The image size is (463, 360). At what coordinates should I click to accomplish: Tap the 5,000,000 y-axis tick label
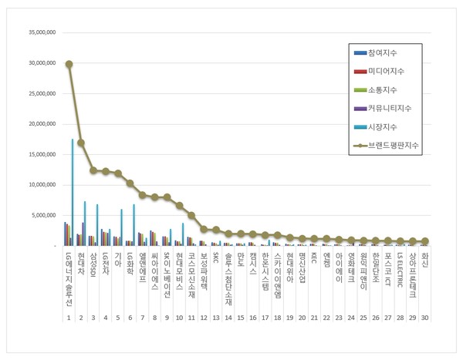coord(40,216)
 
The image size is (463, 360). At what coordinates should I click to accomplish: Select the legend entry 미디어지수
coord(387,71)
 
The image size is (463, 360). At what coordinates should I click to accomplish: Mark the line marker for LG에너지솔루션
coord(69,65)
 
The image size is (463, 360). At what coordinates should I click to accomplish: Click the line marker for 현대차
coord(81,143)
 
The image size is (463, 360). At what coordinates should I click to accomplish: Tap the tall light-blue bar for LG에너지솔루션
coord(73,192)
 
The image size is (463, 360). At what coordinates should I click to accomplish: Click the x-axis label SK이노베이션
coord(167,272)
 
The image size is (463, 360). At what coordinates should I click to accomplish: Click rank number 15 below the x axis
coord(241,317)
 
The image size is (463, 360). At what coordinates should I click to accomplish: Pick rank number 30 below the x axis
coord(424,317)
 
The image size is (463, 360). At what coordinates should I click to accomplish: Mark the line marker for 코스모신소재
coord(191,215)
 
